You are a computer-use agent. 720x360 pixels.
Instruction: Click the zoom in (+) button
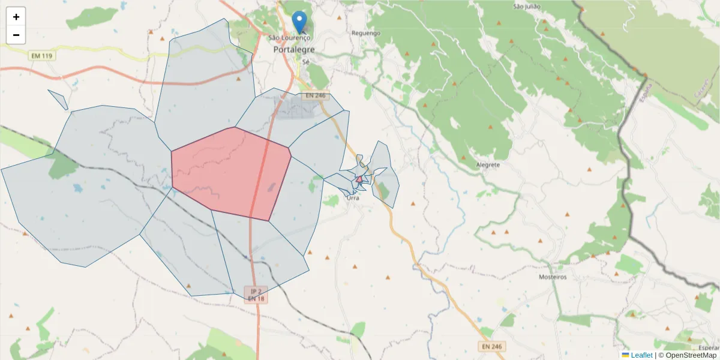[16, 17]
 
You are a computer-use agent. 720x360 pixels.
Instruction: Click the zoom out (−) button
[16, 35]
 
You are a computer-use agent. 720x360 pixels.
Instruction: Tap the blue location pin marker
[299, 22]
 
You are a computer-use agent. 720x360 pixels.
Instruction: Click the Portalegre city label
[294, 49]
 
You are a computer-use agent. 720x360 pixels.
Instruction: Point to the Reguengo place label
[365, 33]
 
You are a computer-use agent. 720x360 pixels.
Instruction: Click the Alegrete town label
[487, 165]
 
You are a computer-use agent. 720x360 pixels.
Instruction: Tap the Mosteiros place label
[553, 277]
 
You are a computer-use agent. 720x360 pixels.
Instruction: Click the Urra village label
[353, 198]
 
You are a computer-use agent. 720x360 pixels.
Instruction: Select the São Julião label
[527, 7]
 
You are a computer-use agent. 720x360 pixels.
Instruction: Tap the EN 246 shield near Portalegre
[315, 95]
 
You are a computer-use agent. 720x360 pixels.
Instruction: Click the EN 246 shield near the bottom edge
[491, 347]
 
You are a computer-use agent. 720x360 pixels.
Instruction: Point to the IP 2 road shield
[256, 290]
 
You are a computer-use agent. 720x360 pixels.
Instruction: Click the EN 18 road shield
[256, 298]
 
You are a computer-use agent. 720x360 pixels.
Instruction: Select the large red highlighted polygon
[231, 171]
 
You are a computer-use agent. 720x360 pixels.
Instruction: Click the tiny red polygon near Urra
[359, 179]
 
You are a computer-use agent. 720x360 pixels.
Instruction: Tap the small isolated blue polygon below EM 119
[58, 100]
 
